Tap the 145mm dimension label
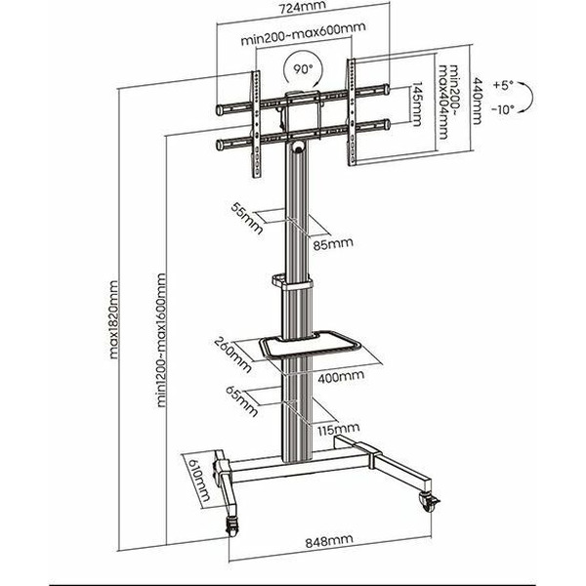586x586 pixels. pyautogui.click(x=417, y=106)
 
